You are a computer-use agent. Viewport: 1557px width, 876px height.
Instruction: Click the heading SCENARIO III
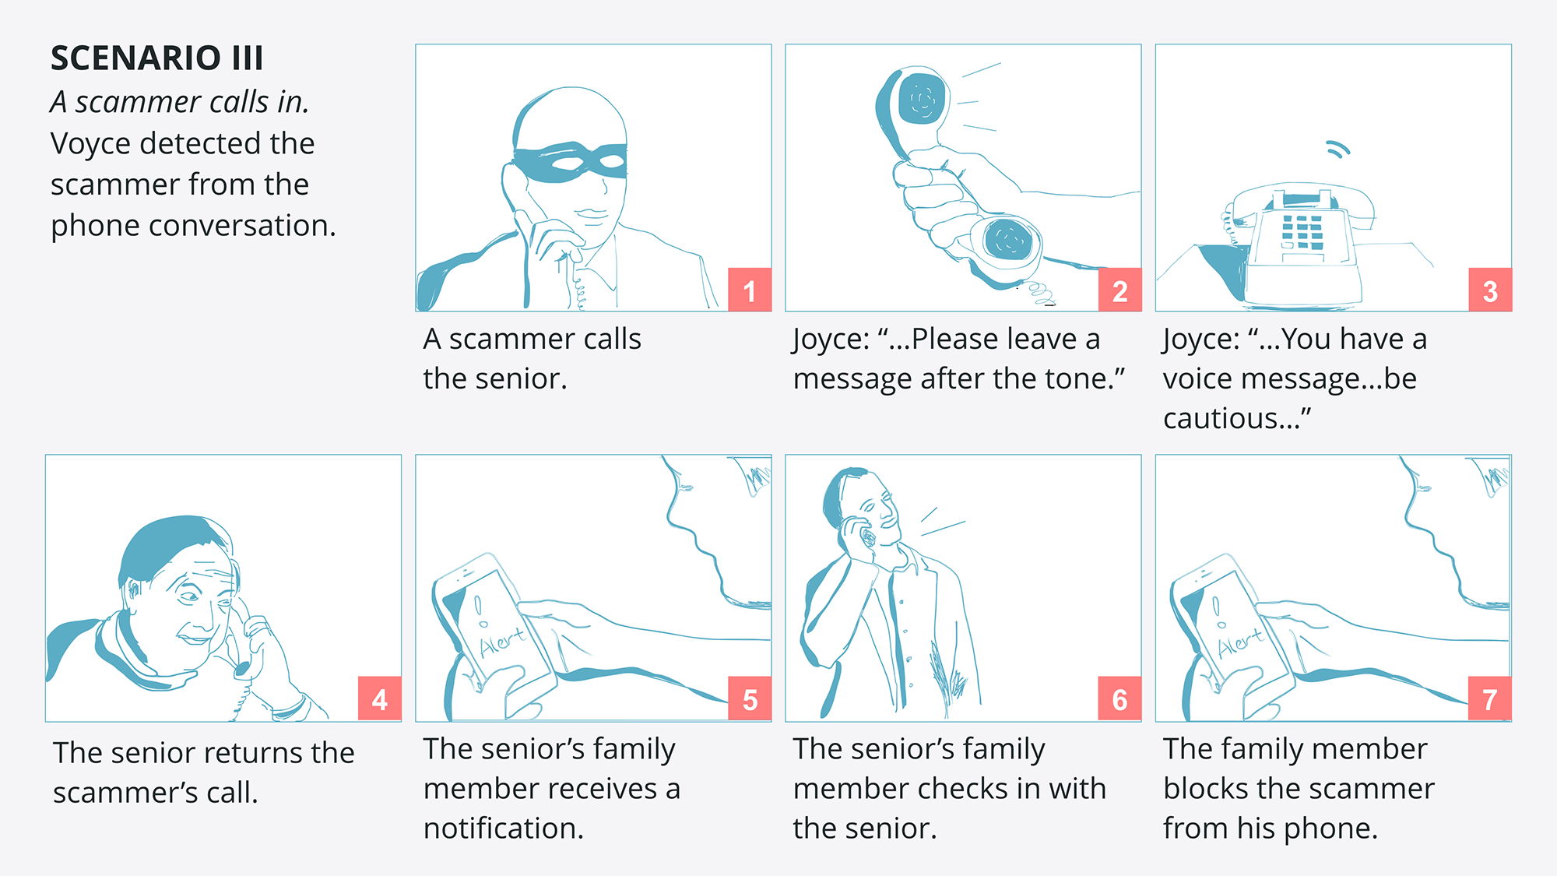(156, 58)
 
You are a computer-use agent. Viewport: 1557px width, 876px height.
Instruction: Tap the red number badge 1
(750, 290)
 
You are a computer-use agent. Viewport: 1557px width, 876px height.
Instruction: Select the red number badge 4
(380, 698)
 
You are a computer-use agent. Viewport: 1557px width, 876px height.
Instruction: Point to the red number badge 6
(1119, 698)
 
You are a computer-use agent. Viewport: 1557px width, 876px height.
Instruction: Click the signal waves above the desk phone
(1338, 150)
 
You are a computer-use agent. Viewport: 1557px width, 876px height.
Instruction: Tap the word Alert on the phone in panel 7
(1240, 642)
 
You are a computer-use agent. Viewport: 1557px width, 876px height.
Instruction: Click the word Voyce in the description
(90, 144)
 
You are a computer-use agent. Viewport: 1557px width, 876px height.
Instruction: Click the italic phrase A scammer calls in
(180, 102)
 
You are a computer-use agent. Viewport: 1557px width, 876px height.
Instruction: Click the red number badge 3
(1490, 290)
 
